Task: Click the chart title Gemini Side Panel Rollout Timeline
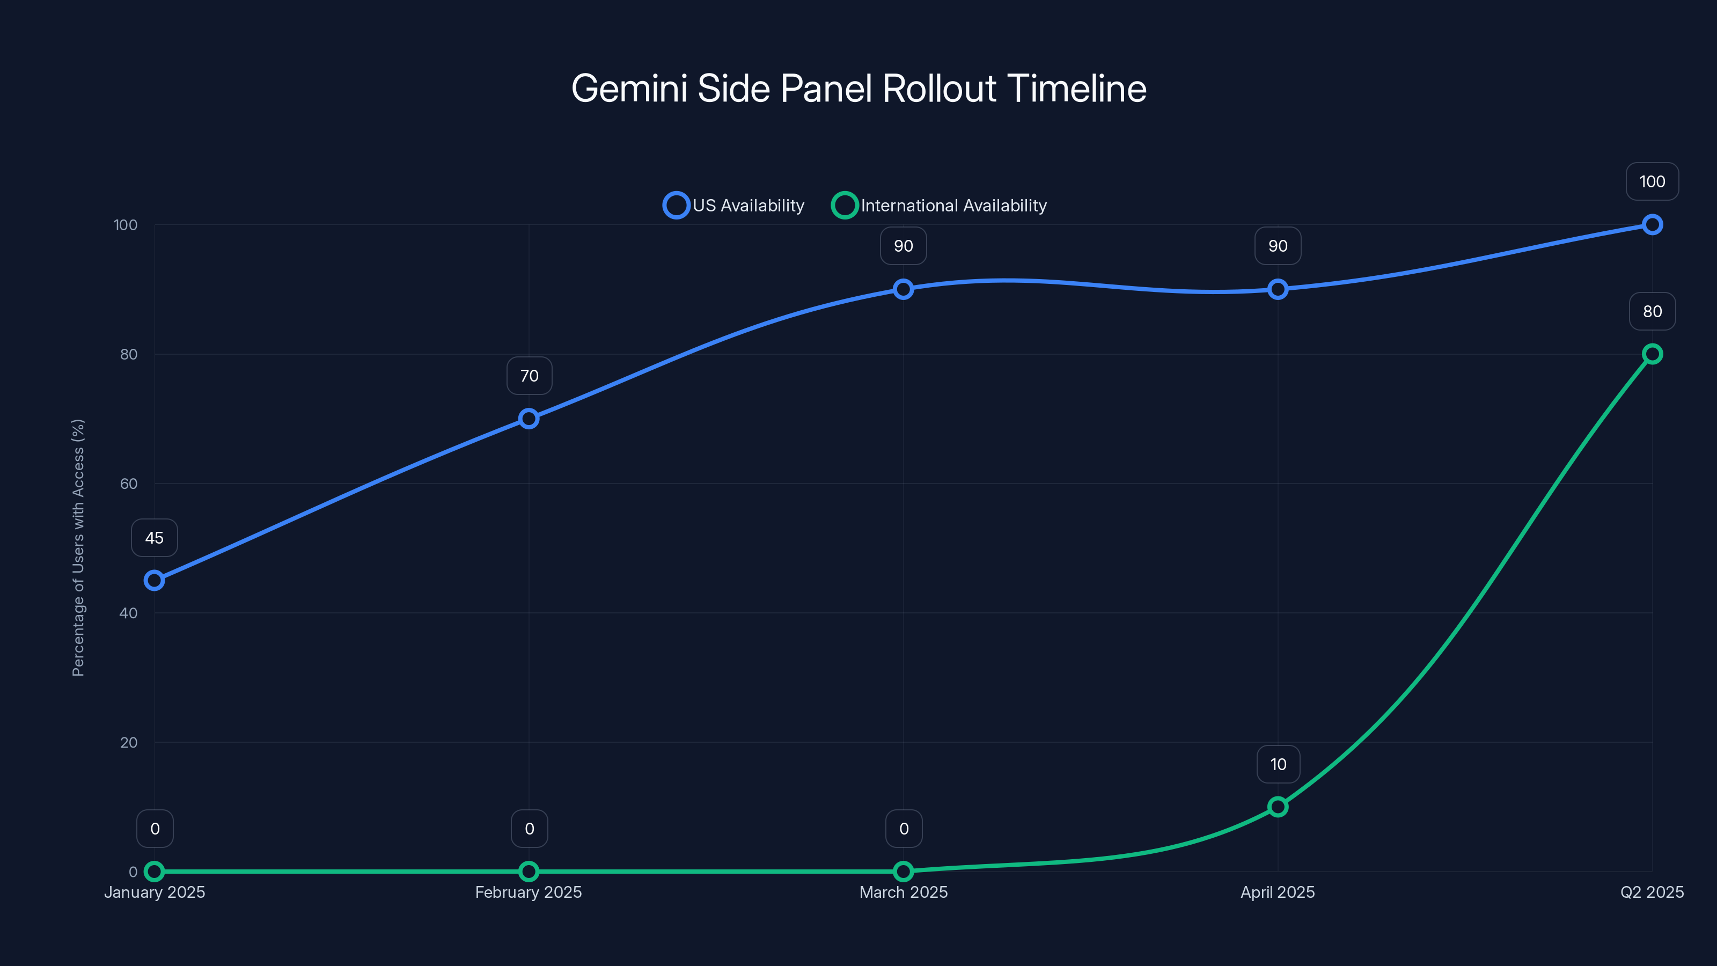coord(859,89)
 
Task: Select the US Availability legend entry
coord(734,206)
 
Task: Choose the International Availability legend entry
coord(939,206)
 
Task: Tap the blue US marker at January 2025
coord(154,581)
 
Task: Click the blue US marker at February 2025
coord(529,419)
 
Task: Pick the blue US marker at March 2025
coord(903,289)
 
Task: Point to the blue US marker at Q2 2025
coord(1652,225)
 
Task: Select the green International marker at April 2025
coord(1278,807)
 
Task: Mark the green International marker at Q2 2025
coord(1652,354)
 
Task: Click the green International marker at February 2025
coord(529,872)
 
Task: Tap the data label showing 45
coord(154,538)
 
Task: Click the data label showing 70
coord(529,376)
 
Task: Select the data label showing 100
coord(1652,181)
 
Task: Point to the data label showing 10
coord(1278,764)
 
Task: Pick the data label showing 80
coord(1652,311)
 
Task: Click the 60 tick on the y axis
coord(129,484)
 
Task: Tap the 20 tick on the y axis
coord(129,743)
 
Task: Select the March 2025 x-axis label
coord(903,892)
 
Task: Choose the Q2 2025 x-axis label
coord(1652,892)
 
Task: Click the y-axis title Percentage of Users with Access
coord(78,547)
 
